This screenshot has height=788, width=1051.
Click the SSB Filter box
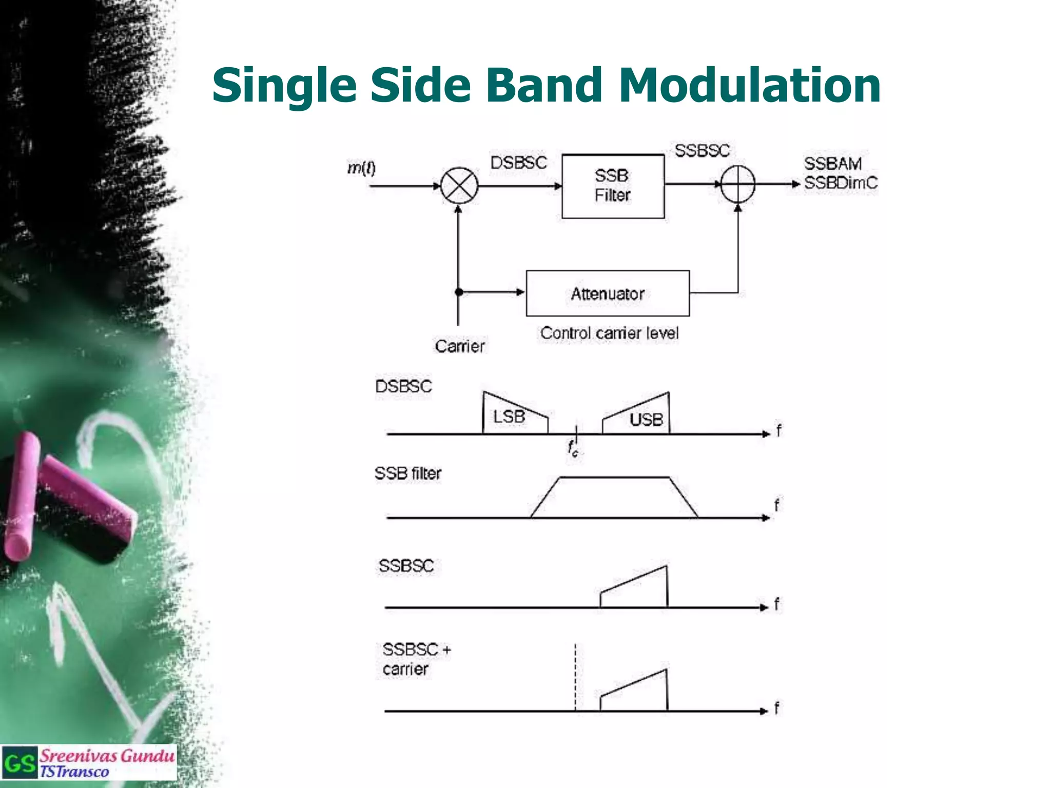pos(613,186)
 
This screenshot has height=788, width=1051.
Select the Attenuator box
pos(608,293)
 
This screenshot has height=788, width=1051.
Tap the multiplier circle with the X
pos(459,186)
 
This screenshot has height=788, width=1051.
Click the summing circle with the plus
pos(738,184)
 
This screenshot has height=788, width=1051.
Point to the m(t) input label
pos(361,168)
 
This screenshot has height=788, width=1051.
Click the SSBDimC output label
pos(841,183)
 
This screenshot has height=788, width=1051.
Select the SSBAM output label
pos(832,164)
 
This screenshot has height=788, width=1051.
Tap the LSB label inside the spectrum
pos(509,417)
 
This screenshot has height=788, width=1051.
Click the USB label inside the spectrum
pos(646,420)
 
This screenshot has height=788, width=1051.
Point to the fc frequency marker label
pos(573,448)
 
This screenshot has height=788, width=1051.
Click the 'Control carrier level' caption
pos(609,333)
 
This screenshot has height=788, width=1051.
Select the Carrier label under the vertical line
pos(459,346)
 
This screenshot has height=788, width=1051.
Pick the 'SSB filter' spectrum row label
pos(407,473)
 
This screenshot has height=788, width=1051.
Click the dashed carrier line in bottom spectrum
pos(575,677)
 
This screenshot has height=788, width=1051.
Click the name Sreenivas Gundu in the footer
pos(107,756)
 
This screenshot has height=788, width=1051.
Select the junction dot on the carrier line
pos(459,292)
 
